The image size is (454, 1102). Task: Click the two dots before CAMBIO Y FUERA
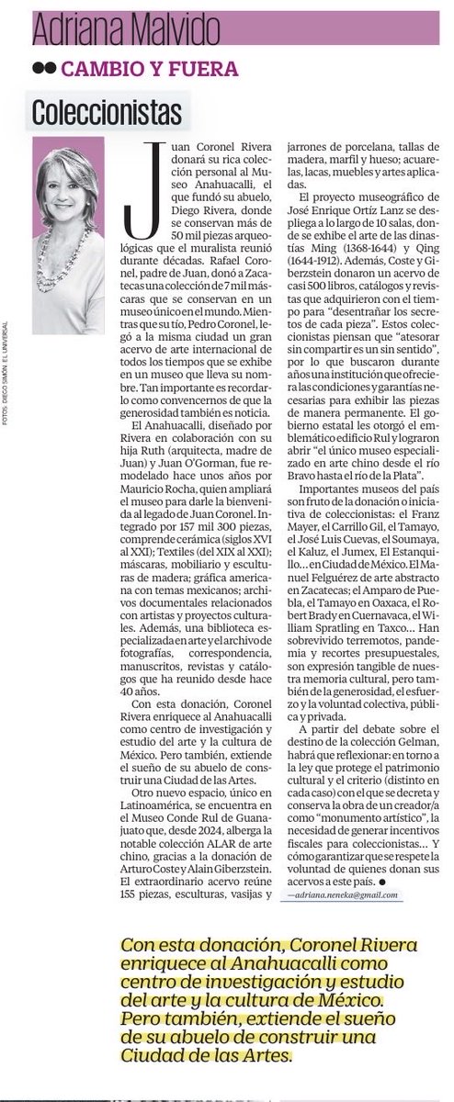(x=42, y=68)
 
